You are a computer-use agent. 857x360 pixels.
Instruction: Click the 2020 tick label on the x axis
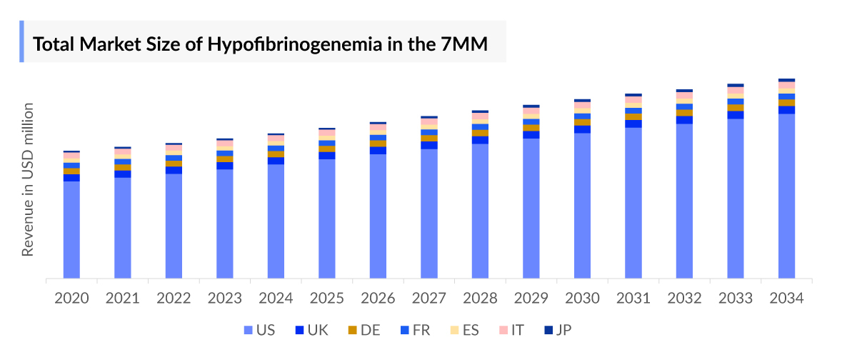pos(71,298)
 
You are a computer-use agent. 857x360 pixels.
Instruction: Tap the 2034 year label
pos(786,298)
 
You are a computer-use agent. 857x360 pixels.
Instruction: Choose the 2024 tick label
pos(276,298)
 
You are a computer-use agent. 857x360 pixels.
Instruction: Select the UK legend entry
pos(312,330)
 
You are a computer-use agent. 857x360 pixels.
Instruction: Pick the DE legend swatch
pos(352,330)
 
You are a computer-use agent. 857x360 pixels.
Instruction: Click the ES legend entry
pos(462,330)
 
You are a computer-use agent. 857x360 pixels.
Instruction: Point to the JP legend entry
pos(557,330)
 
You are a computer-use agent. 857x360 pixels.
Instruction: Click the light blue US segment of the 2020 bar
pos(71,229)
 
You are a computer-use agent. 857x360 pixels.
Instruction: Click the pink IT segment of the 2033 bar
pos(736,91)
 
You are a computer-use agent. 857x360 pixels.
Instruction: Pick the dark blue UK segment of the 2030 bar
pos(582,129)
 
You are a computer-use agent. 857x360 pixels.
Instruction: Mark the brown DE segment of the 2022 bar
pos(174,164)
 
